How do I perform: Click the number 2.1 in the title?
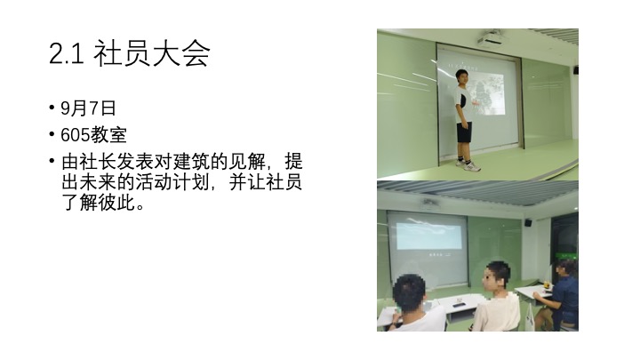pyautogui.click(x=67, y=53)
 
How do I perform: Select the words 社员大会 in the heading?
pyautogui.click(x=152, y=53)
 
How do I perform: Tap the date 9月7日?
pyautogui.click(x=89, y=108)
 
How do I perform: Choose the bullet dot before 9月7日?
pyautogui.click(x=52, y=108)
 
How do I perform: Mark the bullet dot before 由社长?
pyautogui.click(x=52, y=160)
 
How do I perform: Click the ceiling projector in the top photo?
pyautogui.click(x=491, y=40)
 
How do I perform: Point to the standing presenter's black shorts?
pyautogui.click(x=464, y=132)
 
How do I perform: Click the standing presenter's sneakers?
pyautogui.click(x=468, y=165)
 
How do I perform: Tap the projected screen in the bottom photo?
pyautogui.click(x=428, y=247)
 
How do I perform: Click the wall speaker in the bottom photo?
pyautogui.click(x=528, y=222)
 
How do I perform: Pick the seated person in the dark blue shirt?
pyautogui.click(x=558, y=295)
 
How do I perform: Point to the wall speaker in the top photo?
pyautogui.click(x=575, y=70)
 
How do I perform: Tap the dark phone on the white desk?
pyautogui.click(x=460, y=305)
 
